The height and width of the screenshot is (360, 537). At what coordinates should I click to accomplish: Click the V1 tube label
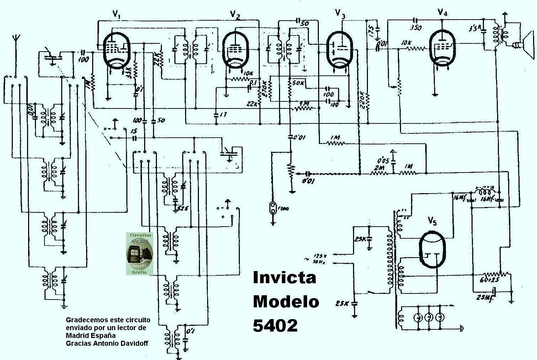point(116,14)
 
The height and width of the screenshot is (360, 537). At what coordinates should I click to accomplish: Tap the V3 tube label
point(340,14)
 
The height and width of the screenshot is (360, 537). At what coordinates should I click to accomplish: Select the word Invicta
point(284,278)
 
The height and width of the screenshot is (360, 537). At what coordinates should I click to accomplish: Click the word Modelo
point(286,302)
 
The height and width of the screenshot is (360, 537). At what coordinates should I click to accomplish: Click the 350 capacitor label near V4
point(416,27)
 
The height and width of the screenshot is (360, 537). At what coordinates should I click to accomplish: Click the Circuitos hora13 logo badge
point(140,253)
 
